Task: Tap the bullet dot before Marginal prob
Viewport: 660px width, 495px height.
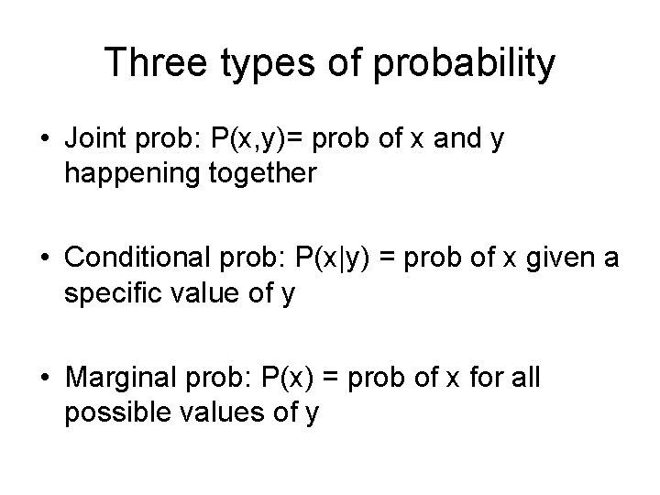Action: click(46, 379)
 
